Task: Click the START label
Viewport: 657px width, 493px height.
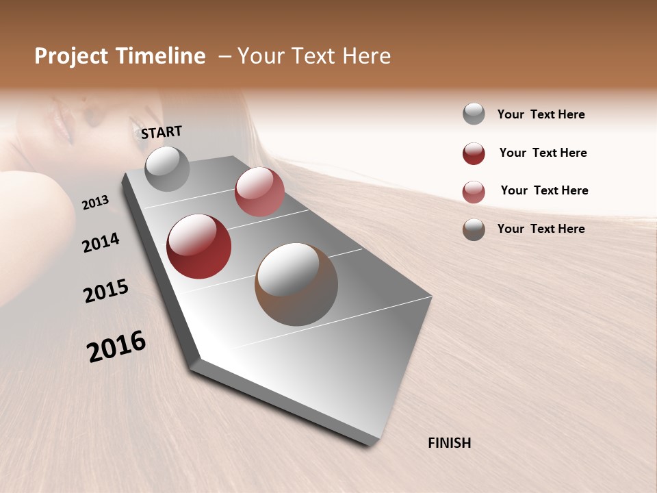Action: [x=162, y=131]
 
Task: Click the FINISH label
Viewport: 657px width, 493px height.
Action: [x=449, y=443]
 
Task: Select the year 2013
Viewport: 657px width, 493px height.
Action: [x=95, y=202]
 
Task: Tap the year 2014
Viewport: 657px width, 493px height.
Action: [x=101, y=242]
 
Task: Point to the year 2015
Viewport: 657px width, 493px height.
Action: [x=106, y=290]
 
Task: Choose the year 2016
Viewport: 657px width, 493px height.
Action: [x=116, y=346]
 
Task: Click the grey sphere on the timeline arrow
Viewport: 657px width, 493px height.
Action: [x=167, y=168]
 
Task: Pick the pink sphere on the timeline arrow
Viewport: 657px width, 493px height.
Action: [x=259, y=192]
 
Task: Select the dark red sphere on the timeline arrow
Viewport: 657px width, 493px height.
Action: [x=198, y=246]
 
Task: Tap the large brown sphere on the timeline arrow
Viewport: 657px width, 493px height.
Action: [x=296, y=284]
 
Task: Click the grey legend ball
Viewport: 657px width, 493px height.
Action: [x=474, y=114]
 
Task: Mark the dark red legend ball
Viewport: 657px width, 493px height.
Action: [x=474, y=153]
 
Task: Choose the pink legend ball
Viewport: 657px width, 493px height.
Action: [x=474, y=192]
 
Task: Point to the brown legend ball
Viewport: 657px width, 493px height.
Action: [x=474, y=229]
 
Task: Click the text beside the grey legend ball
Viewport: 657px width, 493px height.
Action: [x=541, y=114]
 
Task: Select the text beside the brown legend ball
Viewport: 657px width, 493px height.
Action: [x=541, y=229]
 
